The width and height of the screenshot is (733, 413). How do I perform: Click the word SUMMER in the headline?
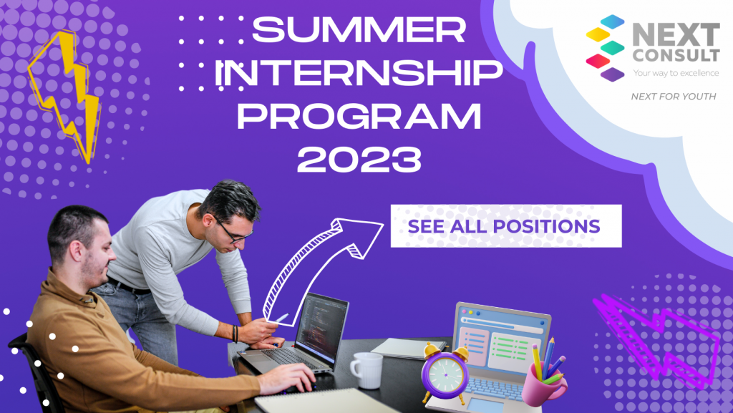click(x=359, y=29)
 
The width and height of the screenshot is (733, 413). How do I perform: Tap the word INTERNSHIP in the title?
click(x=359, y=74)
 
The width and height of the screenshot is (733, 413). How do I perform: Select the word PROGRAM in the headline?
click(x=359, y=117)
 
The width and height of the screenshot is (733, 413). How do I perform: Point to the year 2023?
click(x=359, y=160)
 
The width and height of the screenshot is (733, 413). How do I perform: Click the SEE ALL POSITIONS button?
click(x=506, y=226)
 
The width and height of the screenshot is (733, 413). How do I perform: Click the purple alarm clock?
click(x=445, y=372)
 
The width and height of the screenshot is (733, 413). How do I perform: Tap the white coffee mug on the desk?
click(x=367, y=370)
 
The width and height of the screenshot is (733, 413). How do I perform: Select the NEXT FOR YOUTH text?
click(x=673, y=97)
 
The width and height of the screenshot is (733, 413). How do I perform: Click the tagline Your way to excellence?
click(x=676, y=73)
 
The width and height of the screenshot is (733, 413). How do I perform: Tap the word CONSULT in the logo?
click(x=676, y=54)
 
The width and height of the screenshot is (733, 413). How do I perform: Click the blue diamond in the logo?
click(x=612, y=21)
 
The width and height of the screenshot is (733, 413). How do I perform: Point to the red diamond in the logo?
click(x=598, y=61)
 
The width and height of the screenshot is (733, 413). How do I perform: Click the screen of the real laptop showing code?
click(x=322, y=326)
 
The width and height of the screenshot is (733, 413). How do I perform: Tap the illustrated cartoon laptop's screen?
click(x=500, y=340)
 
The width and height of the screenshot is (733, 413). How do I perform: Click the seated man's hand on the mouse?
click(x=290, y=378)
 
